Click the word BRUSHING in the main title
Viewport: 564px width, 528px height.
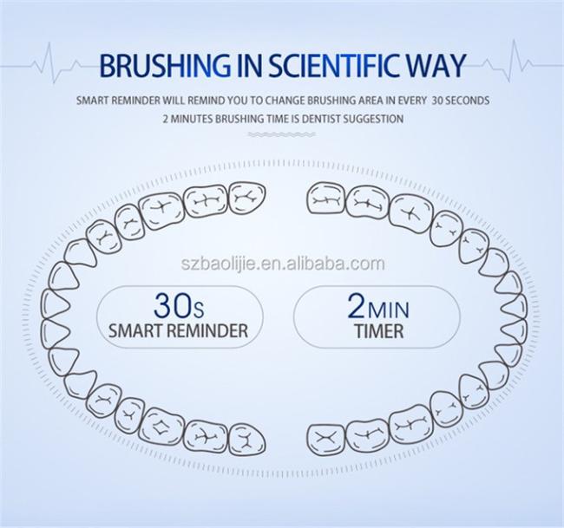(165, 65)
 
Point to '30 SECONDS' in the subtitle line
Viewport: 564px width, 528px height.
(461, 100)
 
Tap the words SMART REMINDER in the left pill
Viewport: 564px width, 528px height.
(179, 330)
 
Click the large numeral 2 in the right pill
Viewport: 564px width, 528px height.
(357, 305)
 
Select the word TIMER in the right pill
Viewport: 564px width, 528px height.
(379, 331)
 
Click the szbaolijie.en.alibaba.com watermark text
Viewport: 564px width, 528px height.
(283, 264)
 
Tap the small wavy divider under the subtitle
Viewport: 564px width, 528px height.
(282, 134)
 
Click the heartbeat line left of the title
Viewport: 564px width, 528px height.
(50, 65)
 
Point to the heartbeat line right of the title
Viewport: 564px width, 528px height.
(515, 63)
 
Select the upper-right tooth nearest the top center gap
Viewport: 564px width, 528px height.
(326, 199)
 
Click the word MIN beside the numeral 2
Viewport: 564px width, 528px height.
(388, 310)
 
